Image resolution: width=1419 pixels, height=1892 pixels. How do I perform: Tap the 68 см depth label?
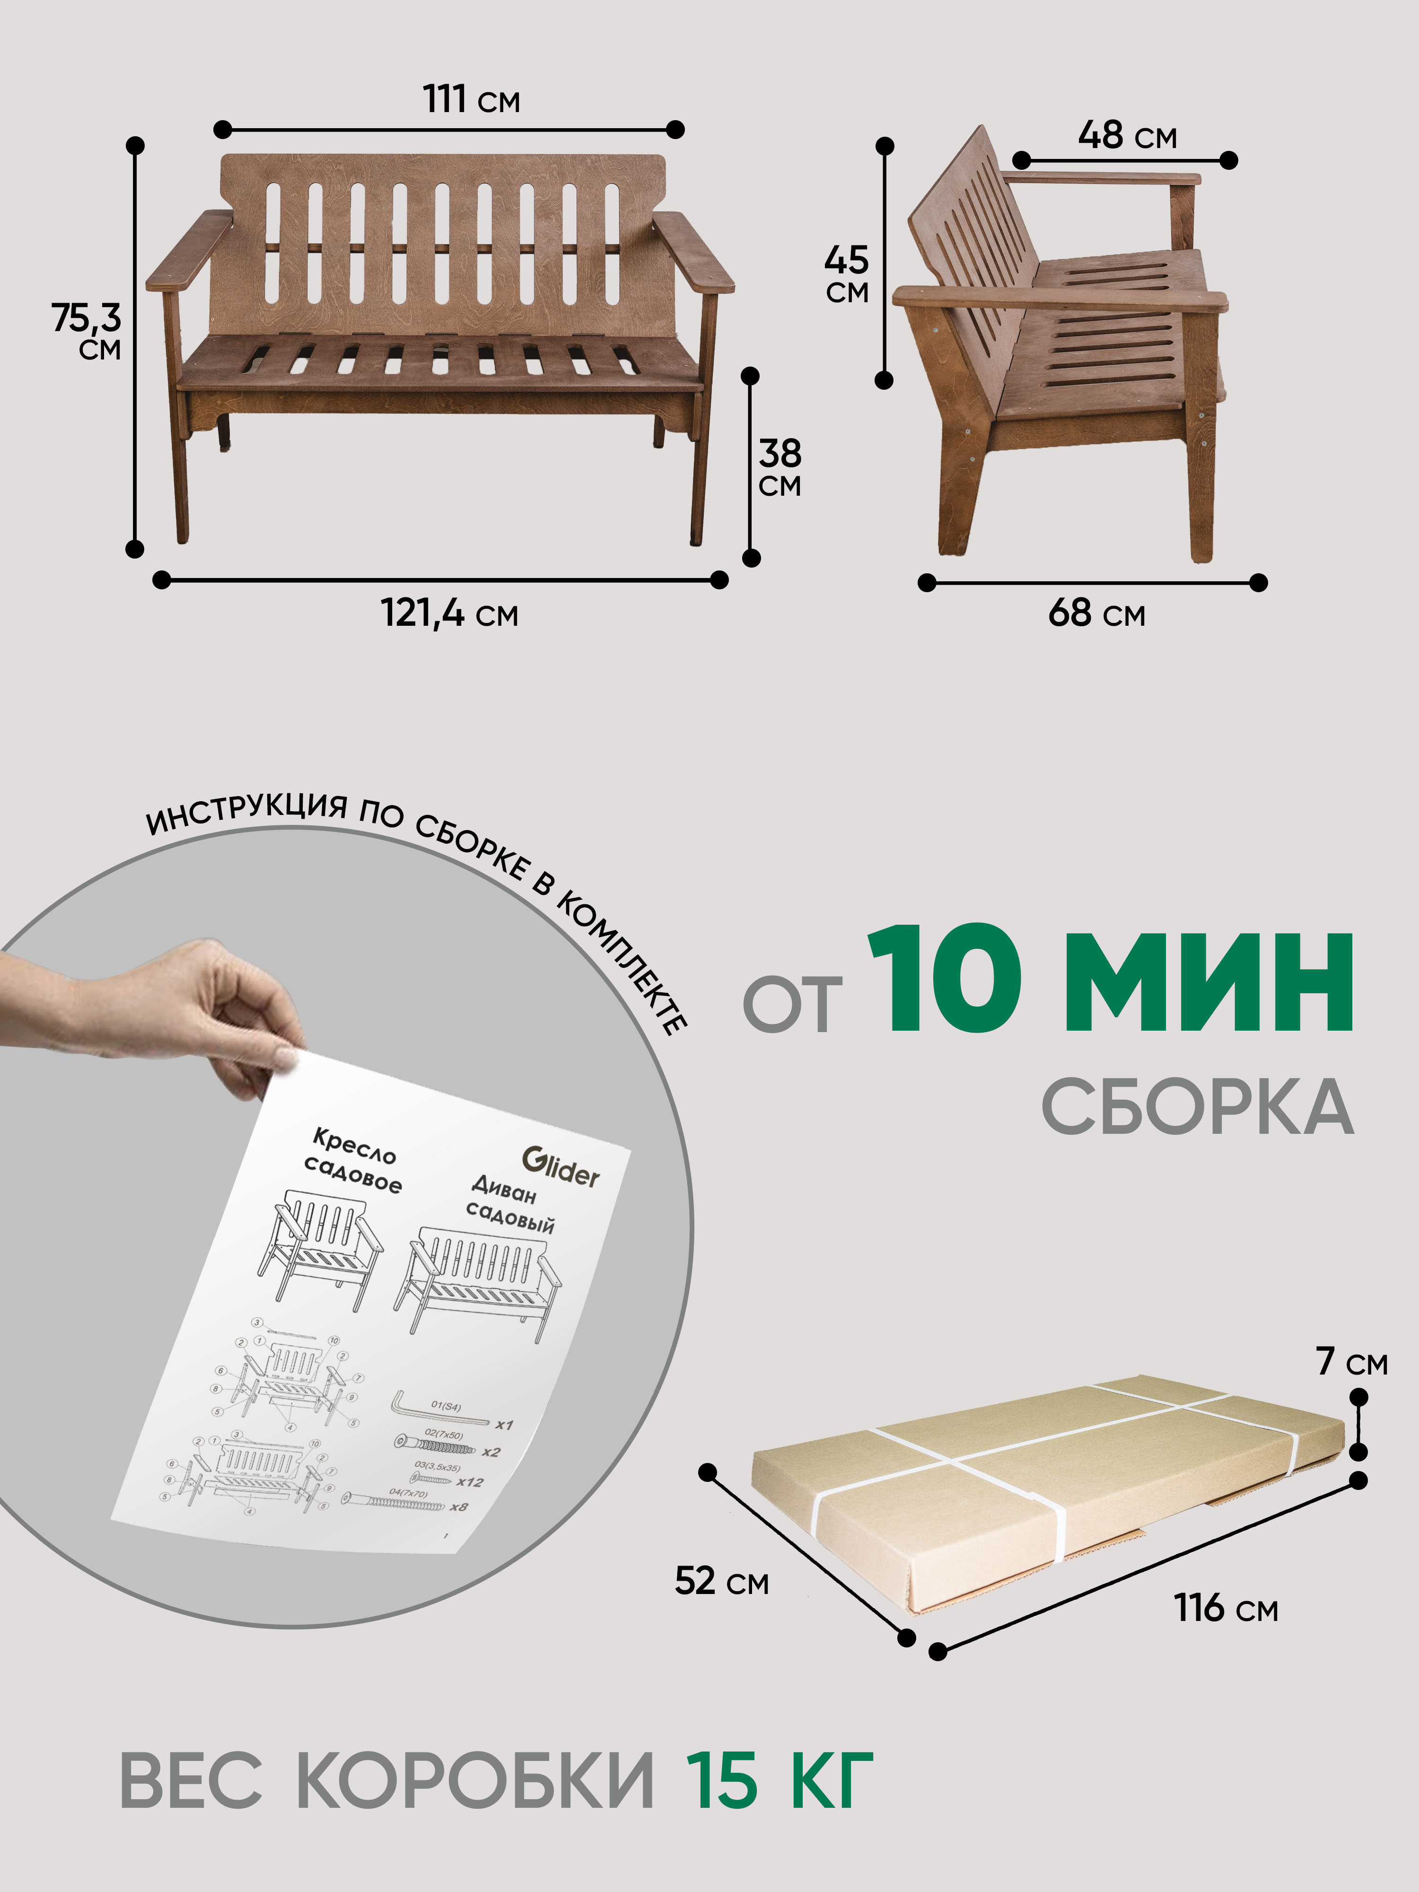pos(1096,613)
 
